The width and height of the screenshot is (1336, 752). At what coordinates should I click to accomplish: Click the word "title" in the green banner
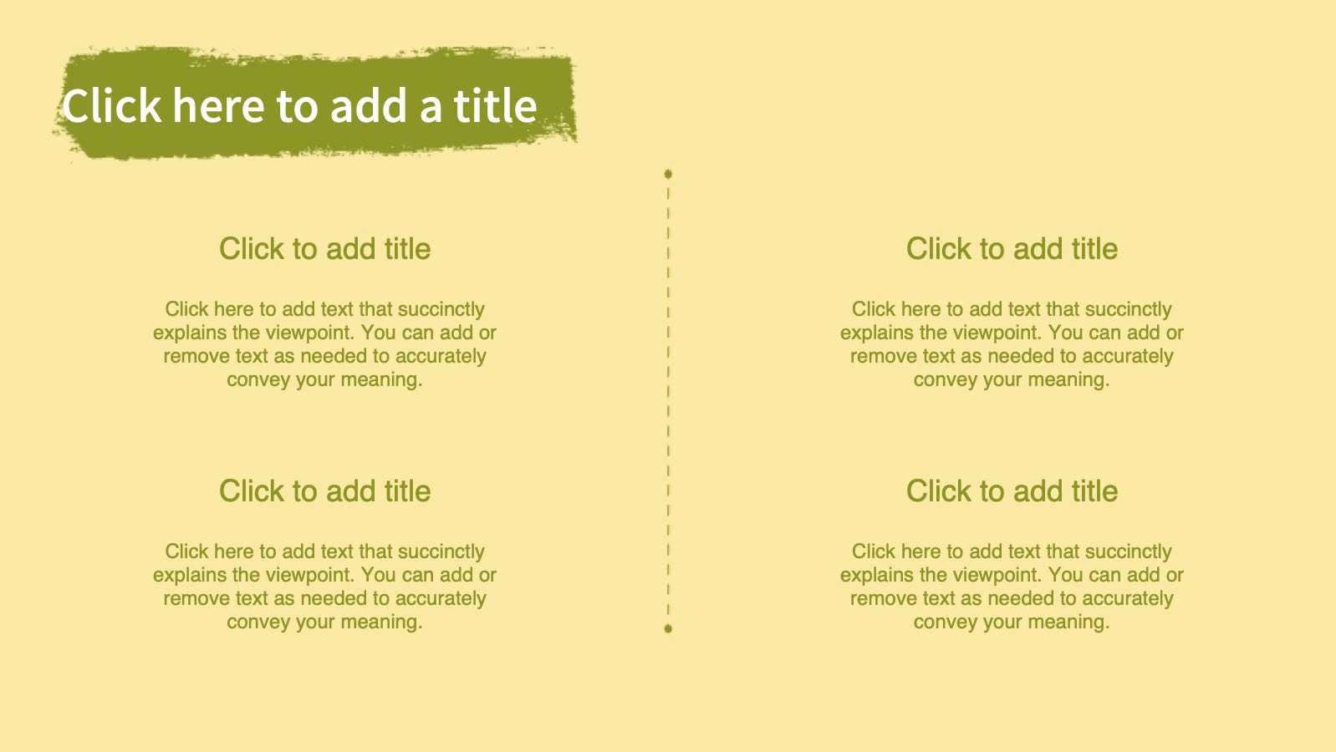(495, 105)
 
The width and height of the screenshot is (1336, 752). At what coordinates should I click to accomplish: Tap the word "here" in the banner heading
(218, 105)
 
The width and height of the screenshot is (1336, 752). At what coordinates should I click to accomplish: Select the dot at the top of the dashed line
(668, 174)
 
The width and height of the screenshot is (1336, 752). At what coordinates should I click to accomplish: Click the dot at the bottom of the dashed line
(668, 628)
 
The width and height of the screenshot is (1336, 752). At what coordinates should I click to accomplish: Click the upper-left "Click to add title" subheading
(325, 248)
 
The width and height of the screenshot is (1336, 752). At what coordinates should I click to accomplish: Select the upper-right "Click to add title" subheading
(1012, 248)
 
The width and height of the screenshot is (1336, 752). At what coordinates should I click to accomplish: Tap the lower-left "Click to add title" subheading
(325, 491)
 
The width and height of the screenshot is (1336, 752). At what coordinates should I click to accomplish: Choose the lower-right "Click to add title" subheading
(1012, 491)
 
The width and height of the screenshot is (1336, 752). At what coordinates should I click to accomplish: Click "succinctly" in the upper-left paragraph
(441, 309)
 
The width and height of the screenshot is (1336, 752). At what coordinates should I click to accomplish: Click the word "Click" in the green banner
(111, 105)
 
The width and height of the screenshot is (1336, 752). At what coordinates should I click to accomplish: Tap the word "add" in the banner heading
(368, 105)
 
